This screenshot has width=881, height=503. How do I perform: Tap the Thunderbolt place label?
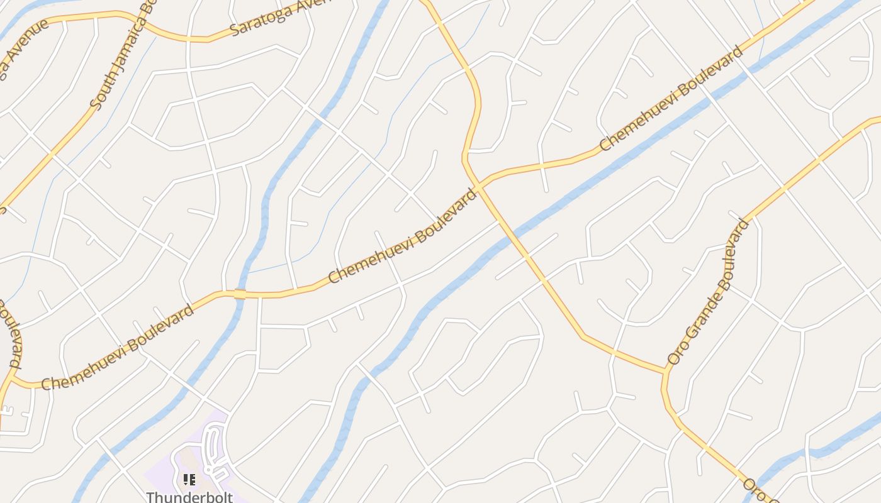[189, 497]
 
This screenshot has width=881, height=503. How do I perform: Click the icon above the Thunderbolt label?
[189, 480]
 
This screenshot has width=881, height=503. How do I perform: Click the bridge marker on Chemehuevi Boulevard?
[239, 294]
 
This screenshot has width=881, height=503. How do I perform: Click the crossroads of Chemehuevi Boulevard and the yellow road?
[479, 186]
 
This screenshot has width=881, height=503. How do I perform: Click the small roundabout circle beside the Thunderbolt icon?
[208, 469]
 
